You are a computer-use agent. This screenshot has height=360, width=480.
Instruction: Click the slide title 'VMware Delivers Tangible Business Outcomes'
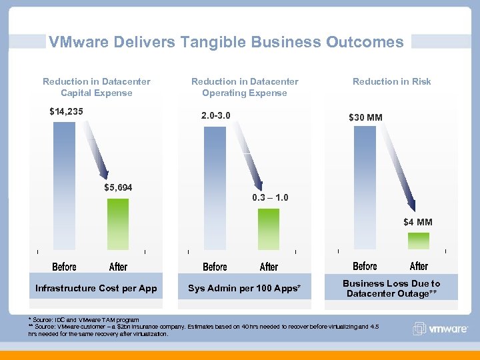(x=226, y=42)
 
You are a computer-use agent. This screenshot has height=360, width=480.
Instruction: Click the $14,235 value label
(x=66, y=111)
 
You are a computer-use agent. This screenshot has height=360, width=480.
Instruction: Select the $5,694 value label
(x=118, y=187)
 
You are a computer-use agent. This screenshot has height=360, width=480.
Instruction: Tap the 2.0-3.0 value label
(x=216, y=115)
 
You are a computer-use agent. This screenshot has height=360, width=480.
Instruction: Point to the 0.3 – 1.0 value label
(x=271, y=198)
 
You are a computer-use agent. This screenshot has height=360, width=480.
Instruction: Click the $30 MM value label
(x=366, y=118)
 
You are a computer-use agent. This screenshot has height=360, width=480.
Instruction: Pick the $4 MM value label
(x=417, y=222)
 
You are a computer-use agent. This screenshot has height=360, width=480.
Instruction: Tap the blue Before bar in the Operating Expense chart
(x=215, y=190)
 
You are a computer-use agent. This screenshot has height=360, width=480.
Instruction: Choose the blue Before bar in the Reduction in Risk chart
(x=365, y=190)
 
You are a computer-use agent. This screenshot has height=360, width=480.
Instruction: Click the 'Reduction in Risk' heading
(x=391, y=81)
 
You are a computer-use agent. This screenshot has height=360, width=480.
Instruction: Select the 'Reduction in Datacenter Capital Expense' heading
(x=97, y=87)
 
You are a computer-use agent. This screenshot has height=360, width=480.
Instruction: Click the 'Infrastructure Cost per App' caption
(x=96, y=288)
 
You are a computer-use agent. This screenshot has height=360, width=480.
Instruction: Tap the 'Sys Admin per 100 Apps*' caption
(x=245, y=288)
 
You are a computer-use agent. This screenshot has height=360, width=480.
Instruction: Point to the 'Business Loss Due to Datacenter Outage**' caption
(x=391, y=288)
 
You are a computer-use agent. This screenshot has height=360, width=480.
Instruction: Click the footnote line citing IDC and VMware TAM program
(x=84, y=320)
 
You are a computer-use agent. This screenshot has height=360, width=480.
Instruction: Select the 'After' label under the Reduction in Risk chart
(x=419, y=266)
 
